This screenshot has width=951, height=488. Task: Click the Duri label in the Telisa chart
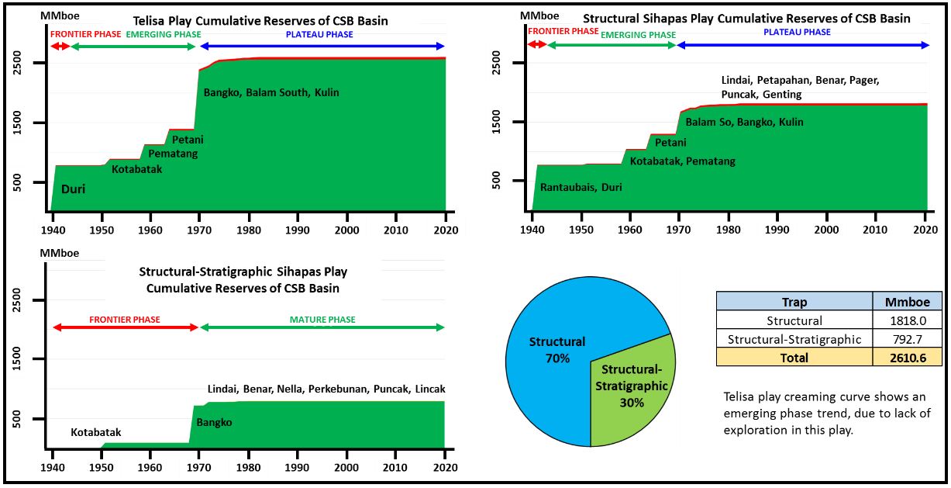pos(73,189)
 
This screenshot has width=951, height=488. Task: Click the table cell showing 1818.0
pos(908,320)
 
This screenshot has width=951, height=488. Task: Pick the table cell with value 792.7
pos(908,339)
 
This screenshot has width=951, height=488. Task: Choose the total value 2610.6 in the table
pos(908,358)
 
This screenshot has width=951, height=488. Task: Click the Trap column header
pos(795,302)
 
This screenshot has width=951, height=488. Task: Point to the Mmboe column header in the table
pos(908,302)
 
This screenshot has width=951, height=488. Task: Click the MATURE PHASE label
pos(322,320)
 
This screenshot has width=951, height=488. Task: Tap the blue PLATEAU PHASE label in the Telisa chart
pos(319,35)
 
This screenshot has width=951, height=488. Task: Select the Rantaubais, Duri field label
pos(581,187)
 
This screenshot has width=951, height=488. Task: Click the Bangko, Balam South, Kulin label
pos(271,93)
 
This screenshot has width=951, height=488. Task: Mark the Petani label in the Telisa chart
pos(188,140)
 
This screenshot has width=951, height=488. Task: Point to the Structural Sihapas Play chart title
pos(746,18)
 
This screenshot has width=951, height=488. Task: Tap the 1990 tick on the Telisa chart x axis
pos(297,230)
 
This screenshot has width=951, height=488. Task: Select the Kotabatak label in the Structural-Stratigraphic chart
pos(96,432)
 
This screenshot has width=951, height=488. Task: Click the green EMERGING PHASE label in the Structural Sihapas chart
pos(638,35)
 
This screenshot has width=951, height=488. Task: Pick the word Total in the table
pos(795,358)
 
